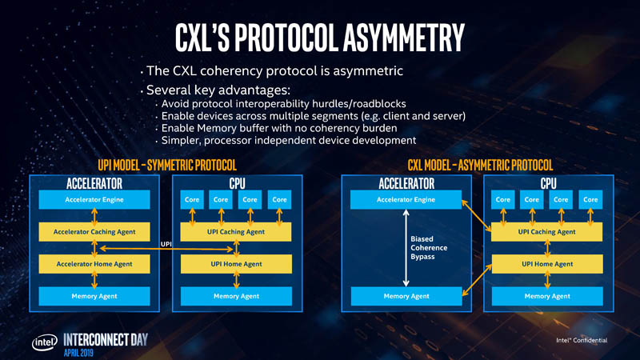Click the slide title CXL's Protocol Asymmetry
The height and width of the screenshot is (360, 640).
click(320, 36)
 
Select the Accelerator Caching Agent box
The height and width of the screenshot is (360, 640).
click(94, 232)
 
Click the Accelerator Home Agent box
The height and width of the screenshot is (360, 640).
click(94, 264)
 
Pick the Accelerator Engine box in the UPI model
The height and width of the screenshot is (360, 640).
click(94, 199)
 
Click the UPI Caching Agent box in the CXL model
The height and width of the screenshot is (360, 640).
click(546, 232)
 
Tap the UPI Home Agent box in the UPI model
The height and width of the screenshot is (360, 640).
click(236, 264)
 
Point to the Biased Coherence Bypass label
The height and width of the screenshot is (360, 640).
click(429, 247)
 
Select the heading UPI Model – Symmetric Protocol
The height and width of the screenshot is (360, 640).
click(166, 165)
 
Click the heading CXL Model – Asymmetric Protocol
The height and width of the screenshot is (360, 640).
click(479, 165)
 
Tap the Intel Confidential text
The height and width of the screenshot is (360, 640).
click(582, 340)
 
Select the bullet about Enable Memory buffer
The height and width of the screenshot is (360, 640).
click(279, 128)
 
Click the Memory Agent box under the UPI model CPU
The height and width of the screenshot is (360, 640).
click(236, 296)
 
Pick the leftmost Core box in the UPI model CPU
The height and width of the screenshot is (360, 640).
click(192, 199)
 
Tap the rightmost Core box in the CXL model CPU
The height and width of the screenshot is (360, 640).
click(590, 199)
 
